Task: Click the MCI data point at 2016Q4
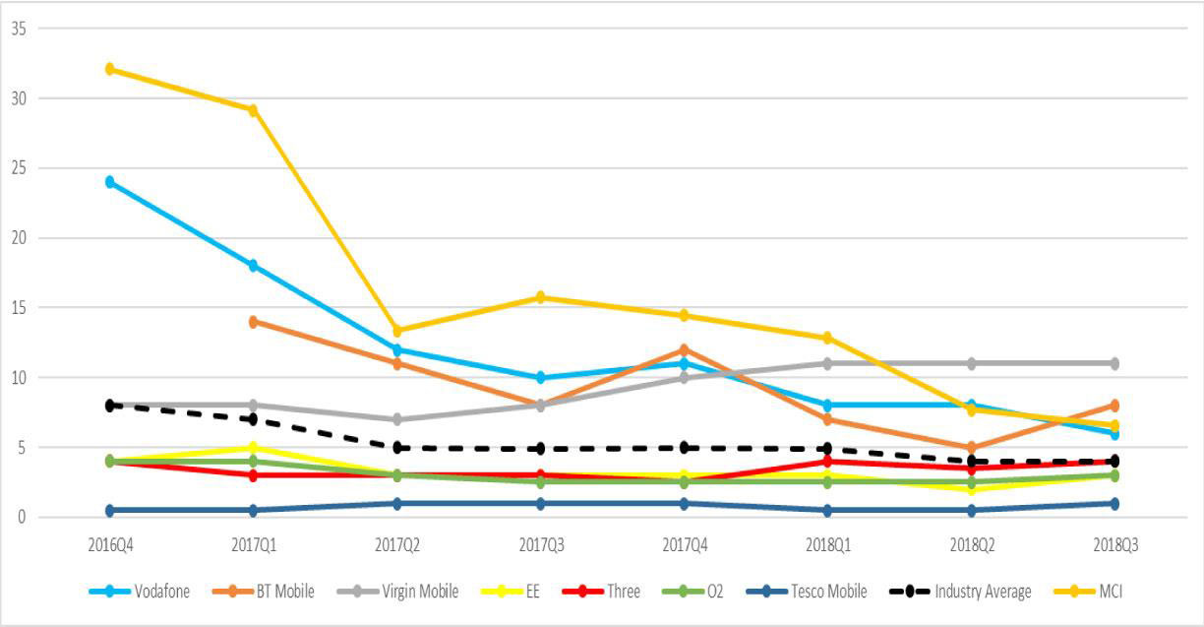point(110,69)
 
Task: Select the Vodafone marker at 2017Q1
point(253,266)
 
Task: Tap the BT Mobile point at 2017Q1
point(253,322)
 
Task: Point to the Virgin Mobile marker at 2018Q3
point(1114,363)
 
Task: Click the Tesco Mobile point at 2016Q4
point(110,510)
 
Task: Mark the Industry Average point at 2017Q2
point(396,447)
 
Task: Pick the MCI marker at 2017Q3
point(540,297)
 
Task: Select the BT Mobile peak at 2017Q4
point(684,349)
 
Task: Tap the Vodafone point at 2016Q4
point(110,182)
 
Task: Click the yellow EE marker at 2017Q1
point(253,448)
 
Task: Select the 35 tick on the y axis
point(19,29)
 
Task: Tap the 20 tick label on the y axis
point(19,238)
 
